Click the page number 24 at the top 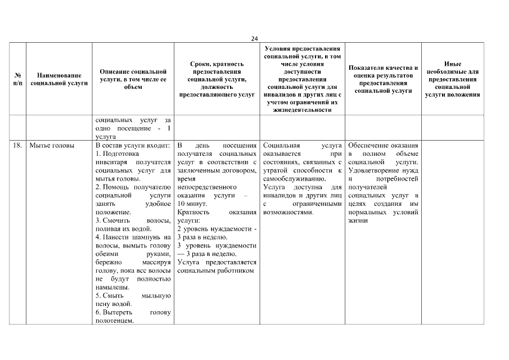(254, 38)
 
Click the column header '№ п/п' (17, 79)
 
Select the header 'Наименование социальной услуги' (59, 79)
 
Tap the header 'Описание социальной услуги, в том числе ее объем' (133, 79)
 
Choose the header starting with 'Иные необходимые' (452, 79)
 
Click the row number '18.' (17, 145)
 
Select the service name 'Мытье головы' (52, 145)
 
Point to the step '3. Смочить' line (133, 221)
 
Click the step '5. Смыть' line (133, 295)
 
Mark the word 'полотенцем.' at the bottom (115, 321)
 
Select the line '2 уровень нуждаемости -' (217, 229)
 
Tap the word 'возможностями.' (288, 213)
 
